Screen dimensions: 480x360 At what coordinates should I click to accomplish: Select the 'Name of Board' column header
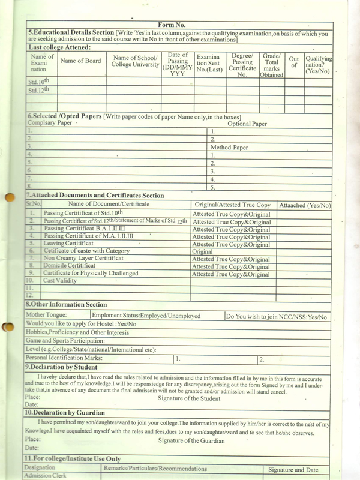pos(80,61)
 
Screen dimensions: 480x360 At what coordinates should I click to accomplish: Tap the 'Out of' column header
pos(294,62)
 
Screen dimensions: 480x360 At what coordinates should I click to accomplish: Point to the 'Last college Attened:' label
pos(59,47)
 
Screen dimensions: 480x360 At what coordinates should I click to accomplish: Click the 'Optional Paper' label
pos(247,124)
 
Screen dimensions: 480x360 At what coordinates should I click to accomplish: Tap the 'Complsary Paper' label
pos(50,123)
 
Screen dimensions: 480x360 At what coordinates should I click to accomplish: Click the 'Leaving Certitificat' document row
pos(69,244)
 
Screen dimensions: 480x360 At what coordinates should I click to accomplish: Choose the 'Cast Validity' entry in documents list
pos(60,280)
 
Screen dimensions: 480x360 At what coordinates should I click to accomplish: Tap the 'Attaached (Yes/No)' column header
pos(305,205)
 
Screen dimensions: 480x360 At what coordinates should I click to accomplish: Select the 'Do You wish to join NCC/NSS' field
pos(277,316)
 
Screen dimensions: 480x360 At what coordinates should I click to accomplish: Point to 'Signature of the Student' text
pos(189,398)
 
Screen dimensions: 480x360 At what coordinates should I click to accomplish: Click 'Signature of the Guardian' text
pos(191,440)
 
